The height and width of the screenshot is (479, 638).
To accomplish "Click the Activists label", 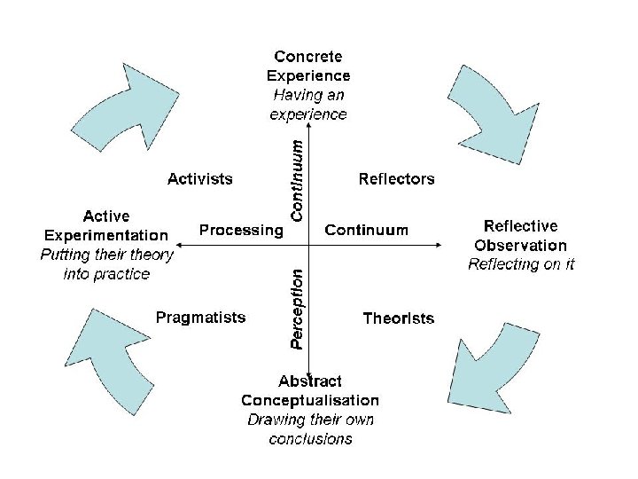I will [200, 179].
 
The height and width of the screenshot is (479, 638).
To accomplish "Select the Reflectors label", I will [396, 179].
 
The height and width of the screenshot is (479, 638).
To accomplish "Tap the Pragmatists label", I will [201, 317].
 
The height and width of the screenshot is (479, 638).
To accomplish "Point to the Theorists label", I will [399, 318].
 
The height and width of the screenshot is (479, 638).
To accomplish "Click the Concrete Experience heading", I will [308, 66].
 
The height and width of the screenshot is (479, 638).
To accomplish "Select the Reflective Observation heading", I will [520, 236].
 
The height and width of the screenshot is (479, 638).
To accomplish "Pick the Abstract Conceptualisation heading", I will [310, 391].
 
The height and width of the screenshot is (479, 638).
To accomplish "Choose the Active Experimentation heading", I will [106, 226].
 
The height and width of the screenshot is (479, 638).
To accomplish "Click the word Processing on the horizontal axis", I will [240, 231].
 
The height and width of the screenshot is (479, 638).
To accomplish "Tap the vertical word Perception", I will [299, 308].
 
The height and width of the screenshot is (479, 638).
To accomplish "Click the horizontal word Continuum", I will [367, 231].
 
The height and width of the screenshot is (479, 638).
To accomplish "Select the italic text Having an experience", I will [308, 105].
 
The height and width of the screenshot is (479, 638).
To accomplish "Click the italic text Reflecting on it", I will [521, 264].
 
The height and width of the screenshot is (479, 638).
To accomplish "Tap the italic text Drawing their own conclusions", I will [310, 429].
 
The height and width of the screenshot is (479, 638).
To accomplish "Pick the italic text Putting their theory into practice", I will [107, 264].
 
